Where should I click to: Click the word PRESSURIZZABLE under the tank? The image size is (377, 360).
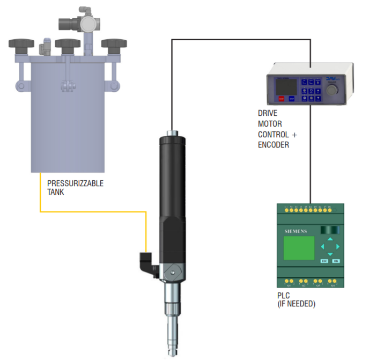pos(75,183)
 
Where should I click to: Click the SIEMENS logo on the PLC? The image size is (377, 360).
pos(292,231)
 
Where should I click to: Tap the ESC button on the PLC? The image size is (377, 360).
pos(324,261)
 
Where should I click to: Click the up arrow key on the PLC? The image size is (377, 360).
pos(330,239)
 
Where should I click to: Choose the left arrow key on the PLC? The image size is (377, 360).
pos(322,247)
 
